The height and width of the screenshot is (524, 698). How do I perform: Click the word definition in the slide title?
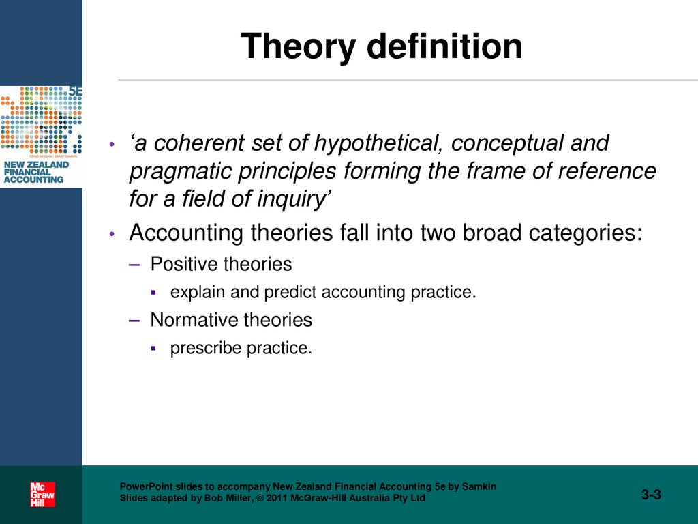pos(444,46)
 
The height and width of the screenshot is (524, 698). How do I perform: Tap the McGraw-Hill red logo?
pos(42,495)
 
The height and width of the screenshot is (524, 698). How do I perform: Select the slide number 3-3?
pos(651,494)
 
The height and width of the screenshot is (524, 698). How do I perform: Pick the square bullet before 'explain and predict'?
pos(153,293)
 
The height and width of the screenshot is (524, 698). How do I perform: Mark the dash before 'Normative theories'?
pos(134,321)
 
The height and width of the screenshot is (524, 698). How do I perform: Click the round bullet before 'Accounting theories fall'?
pos(112,233)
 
